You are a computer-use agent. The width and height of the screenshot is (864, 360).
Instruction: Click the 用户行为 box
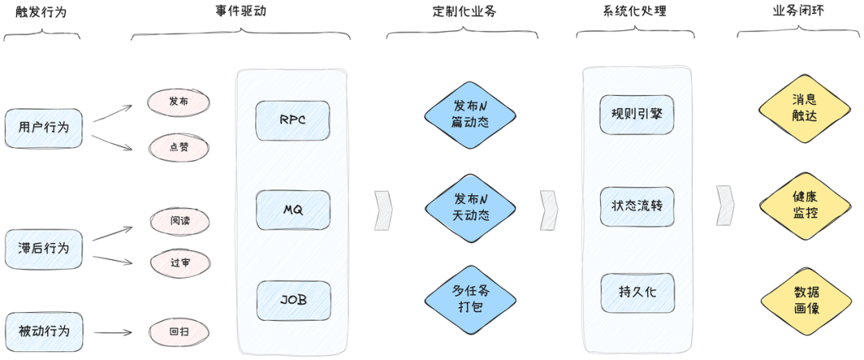click(43, 129)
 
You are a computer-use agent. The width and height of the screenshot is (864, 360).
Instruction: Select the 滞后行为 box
click(43, 249)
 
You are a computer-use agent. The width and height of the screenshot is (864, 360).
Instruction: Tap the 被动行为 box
click(43, 332)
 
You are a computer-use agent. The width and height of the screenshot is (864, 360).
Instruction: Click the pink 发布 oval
click(178, 102)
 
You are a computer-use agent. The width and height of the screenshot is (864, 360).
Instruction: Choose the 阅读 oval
click(180, 221)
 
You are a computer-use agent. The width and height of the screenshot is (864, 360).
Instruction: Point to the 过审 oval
click(180, 262)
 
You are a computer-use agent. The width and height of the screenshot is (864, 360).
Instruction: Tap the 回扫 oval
click(180, 333)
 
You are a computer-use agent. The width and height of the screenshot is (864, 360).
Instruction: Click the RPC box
click(293, 121)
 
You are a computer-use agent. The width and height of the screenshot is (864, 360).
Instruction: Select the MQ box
click(293, 210)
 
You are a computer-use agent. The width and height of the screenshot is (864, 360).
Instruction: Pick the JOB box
click(294, 301)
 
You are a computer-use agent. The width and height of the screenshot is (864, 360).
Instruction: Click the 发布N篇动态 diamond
click(470, 115)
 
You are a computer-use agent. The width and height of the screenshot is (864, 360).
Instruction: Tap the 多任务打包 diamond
click(470, 299)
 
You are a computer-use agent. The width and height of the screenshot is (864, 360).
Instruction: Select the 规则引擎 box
click(637, 114)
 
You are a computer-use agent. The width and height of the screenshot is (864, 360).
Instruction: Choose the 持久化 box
click(638, 293)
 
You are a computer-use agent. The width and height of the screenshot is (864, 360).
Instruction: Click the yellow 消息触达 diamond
click(805, 109)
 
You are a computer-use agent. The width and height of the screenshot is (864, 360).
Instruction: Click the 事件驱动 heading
click(241, 11)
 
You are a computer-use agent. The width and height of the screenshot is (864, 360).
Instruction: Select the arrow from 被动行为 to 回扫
click(113, 333)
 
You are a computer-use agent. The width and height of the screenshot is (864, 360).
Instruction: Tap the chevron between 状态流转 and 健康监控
click(725, 206)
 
